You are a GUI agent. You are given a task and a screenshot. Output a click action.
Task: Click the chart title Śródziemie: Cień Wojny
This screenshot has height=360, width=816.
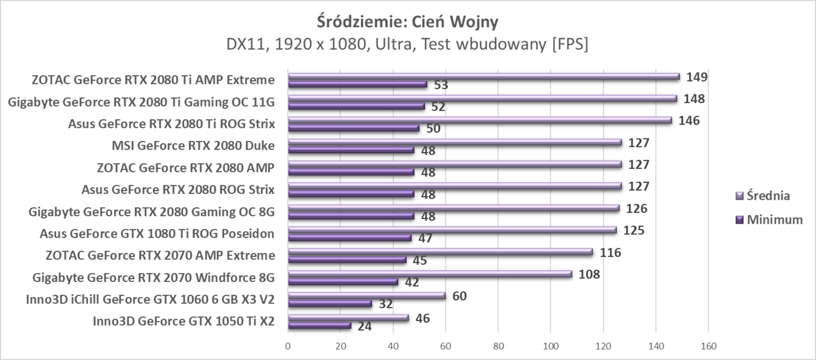(x=407, y=22)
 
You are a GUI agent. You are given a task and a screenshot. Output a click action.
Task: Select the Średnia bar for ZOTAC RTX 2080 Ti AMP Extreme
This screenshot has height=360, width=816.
(x=484, y=76)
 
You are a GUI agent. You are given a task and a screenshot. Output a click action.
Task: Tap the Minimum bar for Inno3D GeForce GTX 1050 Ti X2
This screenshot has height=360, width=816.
(x=319, y=326)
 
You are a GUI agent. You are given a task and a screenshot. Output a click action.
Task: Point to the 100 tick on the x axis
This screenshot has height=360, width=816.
(x=550, y=346)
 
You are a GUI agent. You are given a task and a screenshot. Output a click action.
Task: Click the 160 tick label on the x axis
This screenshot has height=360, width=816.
(x=708, y=346)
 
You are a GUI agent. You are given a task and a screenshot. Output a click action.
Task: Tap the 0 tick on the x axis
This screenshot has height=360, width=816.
(x=288, y=346)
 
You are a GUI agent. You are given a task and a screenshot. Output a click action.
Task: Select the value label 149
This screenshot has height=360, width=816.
(x=697, y=77)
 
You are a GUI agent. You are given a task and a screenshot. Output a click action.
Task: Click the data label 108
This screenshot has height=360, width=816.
(x=589, y=274)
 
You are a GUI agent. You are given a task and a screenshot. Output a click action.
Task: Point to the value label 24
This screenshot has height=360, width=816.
(x=364, y=326)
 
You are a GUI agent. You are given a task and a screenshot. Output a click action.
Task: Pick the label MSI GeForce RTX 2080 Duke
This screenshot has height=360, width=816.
(x=193, y=145)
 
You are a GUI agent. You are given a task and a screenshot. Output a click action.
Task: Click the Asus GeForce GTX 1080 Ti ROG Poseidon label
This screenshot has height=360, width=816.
(x=157, y=234)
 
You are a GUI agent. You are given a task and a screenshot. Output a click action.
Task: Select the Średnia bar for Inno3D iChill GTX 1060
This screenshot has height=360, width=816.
(x=367, y=295)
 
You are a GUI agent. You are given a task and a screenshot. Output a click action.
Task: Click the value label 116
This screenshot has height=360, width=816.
(x=610, y=252)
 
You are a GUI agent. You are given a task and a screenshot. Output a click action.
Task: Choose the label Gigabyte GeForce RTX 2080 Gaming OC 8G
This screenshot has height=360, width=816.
(x=152, y=211)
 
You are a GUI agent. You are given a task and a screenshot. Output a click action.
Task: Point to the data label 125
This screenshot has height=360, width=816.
(x=634, y=230)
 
